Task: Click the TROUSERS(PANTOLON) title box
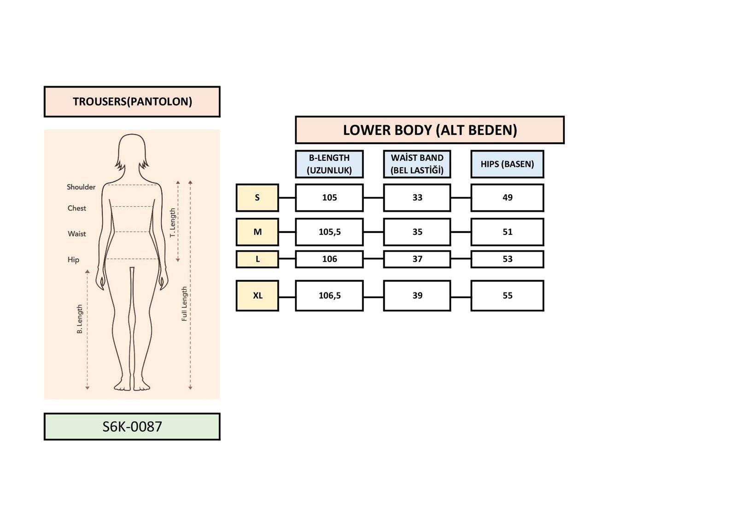tap(132, 102)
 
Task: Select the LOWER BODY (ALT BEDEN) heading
tap(430, 130)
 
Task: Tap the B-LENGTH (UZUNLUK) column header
tap(329, 164)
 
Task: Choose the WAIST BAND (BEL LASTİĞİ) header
tap(417, 164)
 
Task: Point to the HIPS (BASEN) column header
tap(507, 164)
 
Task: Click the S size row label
tap(257, 198)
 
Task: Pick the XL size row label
tap(257, 296)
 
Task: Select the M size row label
tap(257, 232)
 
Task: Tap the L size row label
tap(257, 259)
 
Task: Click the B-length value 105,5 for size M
tap(329, 232)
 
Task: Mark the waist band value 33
tap(417, 198)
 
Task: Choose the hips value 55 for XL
tap(507, 296)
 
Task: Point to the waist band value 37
tap(417, 259)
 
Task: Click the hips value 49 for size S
tap(507, 198)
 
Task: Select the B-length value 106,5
tap(329, 296)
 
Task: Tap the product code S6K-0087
tap(132, 427)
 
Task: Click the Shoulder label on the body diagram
tap(81, 187)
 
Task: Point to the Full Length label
tap(184, 304)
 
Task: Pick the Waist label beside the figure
tap(76, 234)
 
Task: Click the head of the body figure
tap(132, 152)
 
